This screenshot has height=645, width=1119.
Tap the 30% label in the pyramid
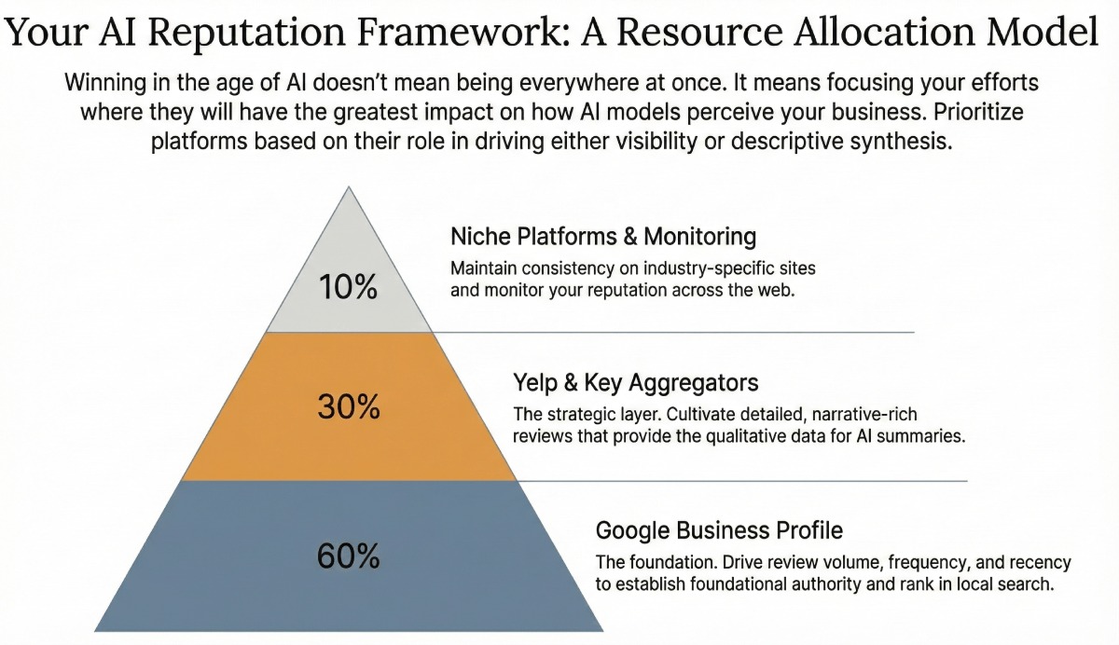point(348,407)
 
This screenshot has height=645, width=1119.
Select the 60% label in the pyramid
point(348,556)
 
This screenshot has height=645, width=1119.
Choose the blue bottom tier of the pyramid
point(233,587)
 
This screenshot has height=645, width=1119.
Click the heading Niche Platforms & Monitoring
point(602,236)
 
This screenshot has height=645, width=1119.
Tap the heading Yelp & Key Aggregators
point(635,382)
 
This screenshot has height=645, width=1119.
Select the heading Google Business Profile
point(719,530)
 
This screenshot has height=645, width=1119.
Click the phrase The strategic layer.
point(577,413)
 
